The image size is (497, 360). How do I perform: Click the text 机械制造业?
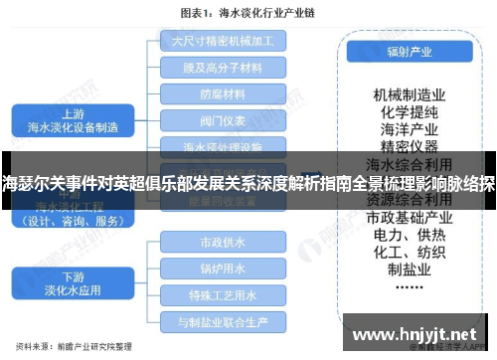[408, 93]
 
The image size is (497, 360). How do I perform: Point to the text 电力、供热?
[408, 234]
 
